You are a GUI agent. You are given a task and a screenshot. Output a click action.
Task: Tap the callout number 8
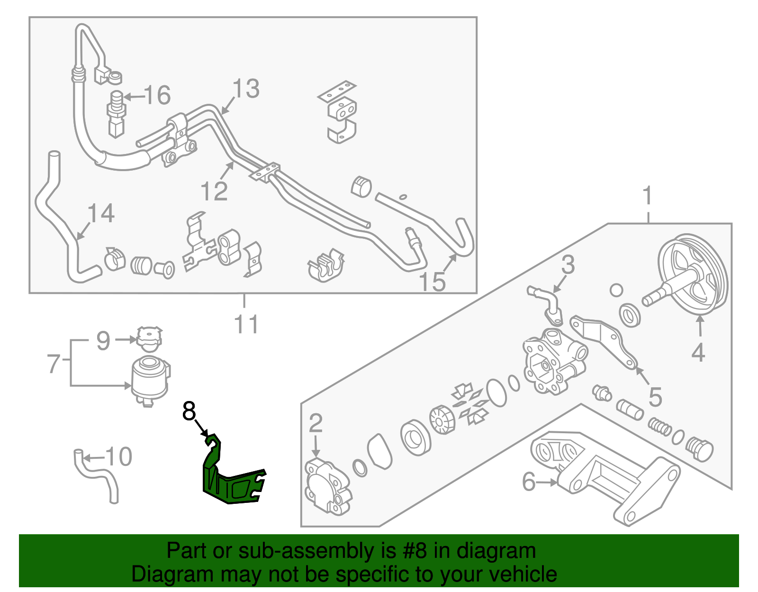189,411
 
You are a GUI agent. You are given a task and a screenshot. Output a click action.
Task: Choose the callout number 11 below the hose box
246,325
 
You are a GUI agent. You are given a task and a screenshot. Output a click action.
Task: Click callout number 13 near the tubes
246,89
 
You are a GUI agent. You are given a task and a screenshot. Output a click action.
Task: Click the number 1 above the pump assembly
647,196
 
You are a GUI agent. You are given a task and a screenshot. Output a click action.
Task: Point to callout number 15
433,282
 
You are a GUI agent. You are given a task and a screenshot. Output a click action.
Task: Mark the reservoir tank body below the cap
150,379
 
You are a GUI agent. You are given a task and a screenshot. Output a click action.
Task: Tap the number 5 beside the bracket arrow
655,397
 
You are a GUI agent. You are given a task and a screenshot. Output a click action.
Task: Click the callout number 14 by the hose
101,213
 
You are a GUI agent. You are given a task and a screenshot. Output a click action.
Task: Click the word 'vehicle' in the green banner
523,574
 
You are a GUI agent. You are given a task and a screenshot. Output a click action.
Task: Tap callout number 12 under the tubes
214,191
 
